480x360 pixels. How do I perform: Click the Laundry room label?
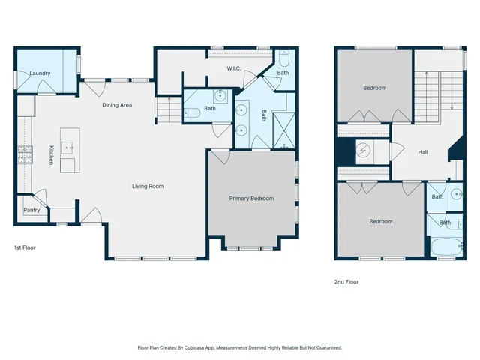click(40, 73)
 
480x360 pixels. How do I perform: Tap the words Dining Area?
click(117, 105)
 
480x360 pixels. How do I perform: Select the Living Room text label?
click(148, 186)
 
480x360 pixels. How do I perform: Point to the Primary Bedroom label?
click(251, 199)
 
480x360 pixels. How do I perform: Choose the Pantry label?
click(31, 211)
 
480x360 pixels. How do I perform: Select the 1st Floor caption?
click(25, 247)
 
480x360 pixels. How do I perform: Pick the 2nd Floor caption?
click(346, 282)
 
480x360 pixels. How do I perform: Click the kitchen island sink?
click(69, 147)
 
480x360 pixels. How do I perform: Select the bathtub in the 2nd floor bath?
click(448, 247)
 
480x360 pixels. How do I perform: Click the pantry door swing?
click(41, 199)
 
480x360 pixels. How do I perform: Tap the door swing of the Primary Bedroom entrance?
click(219, 157)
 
